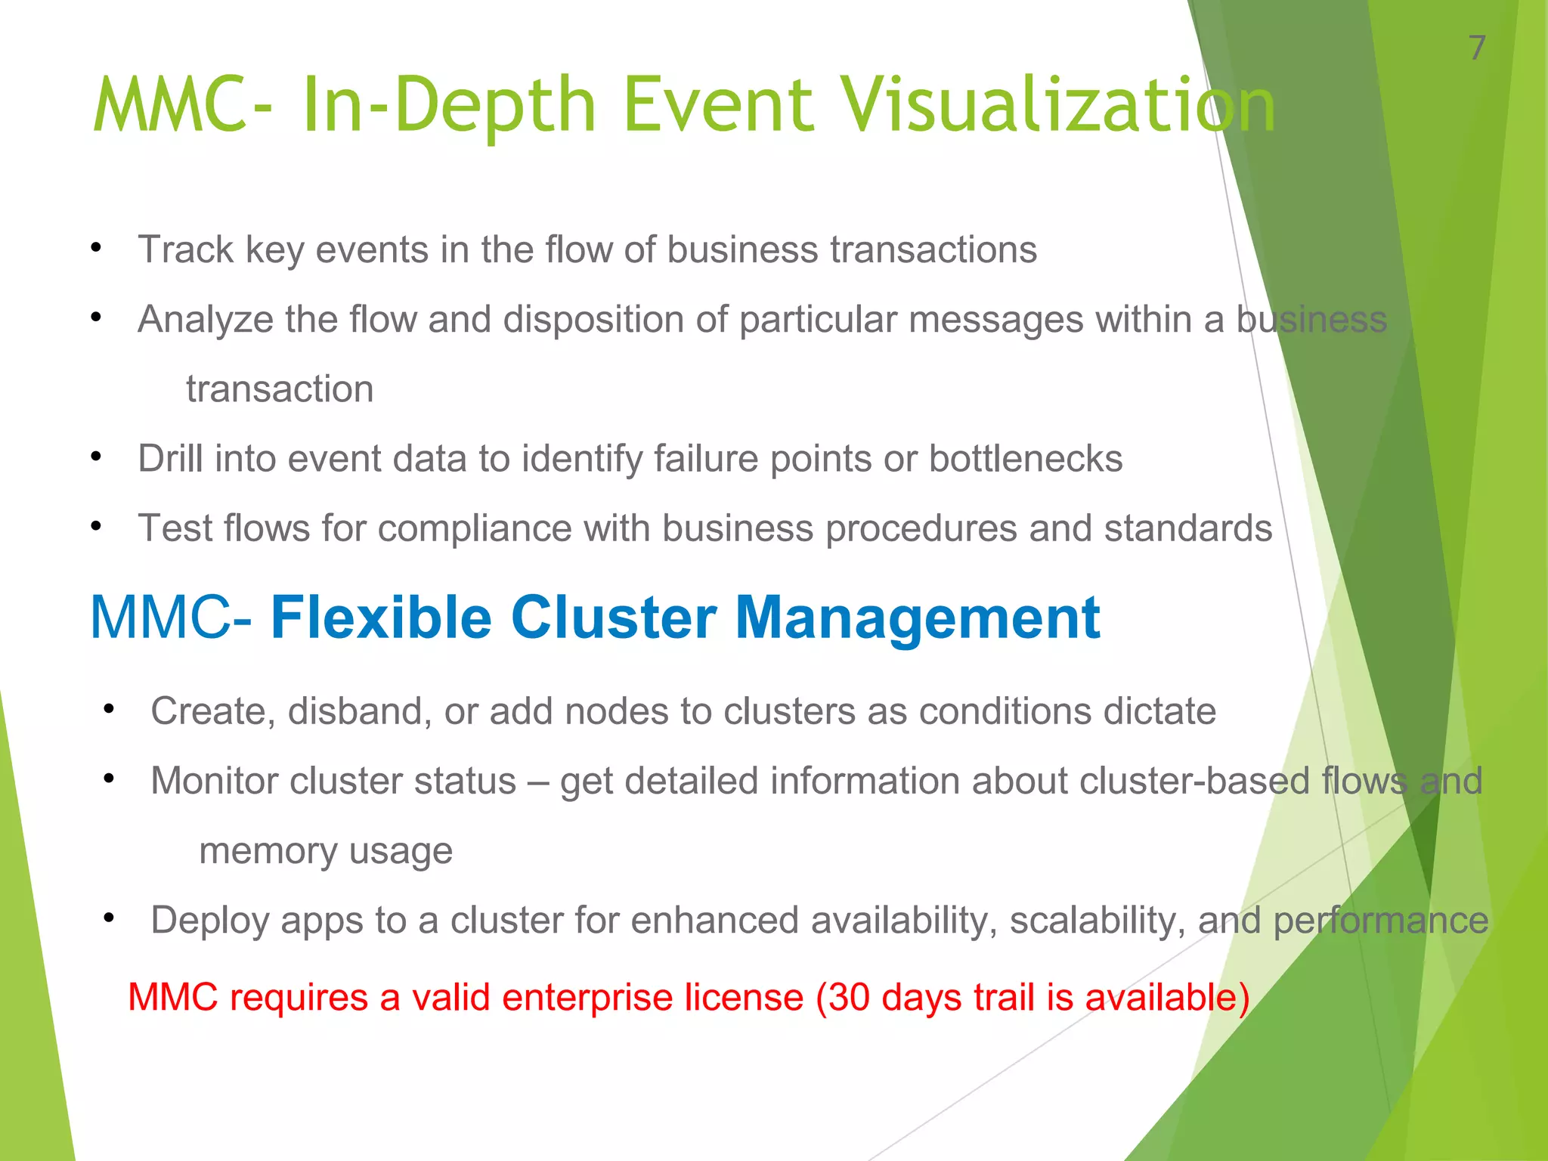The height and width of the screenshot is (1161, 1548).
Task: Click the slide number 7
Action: (x=1477, y=48)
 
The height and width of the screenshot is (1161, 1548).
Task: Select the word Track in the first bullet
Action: (x=185, y=249)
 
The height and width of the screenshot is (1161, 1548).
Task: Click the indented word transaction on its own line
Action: (x=280, y=389)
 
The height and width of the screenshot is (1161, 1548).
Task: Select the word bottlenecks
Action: (x=1025, y=459)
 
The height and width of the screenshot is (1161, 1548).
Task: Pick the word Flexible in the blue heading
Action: (x=382, y=618)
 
